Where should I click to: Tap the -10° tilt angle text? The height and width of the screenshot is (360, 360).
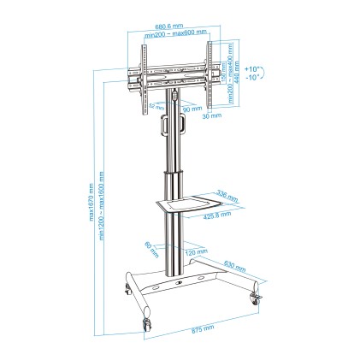point(252,77)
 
